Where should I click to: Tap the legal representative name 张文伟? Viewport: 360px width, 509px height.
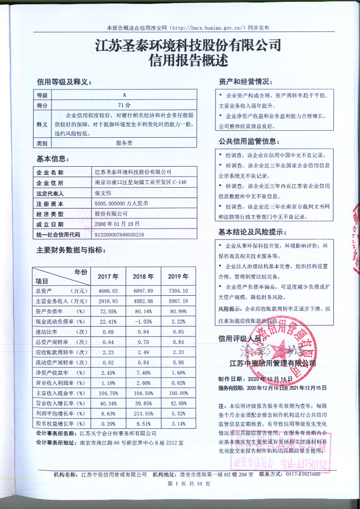(x=102, y=193)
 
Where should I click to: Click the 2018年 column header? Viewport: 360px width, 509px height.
(x=142, y=276)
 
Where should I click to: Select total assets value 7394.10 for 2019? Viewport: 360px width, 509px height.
(x=177, y=291)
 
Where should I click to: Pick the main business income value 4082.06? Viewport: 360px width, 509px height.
(x=142, y=301)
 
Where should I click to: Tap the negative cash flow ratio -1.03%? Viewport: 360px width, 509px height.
(x=142, y=321)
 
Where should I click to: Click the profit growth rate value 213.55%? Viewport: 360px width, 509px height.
(x=142, y=414)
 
